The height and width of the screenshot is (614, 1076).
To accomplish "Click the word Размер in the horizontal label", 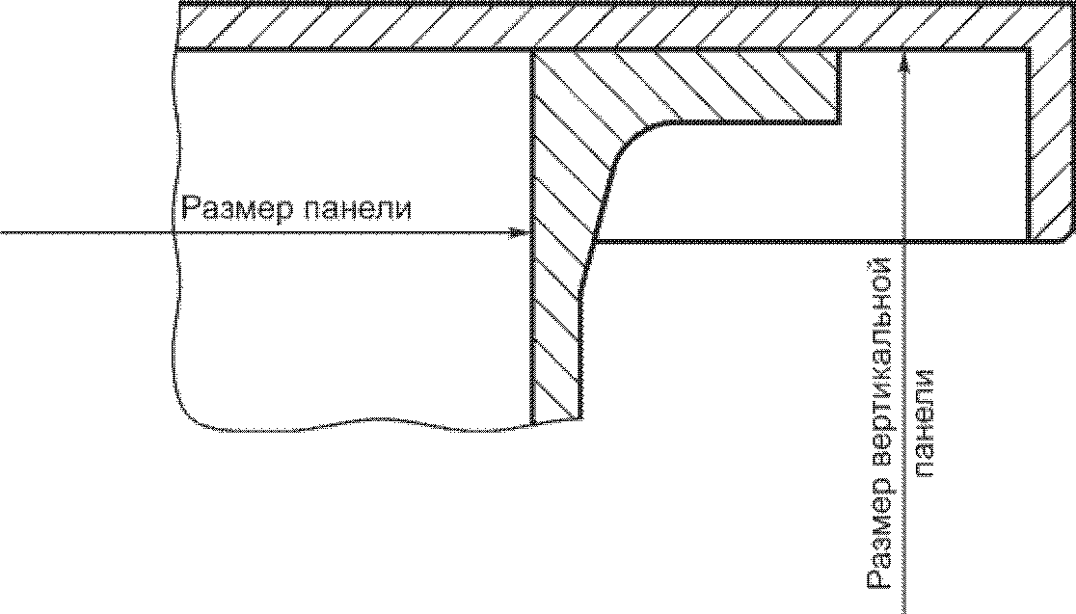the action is (x=232, y=208).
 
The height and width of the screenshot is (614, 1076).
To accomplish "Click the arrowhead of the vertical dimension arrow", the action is (x=903, y=62).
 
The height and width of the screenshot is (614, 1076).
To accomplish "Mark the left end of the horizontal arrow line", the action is (x=2, y=232).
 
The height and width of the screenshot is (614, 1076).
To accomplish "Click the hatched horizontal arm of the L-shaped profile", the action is (x=733, y=87).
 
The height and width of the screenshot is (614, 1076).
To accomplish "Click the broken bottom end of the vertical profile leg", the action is (x=558, y=419).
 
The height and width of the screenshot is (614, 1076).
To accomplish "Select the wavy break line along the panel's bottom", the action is (x=357, y=425).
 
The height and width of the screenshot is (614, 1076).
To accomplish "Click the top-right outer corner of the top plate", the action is (x=1070, y=5).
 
